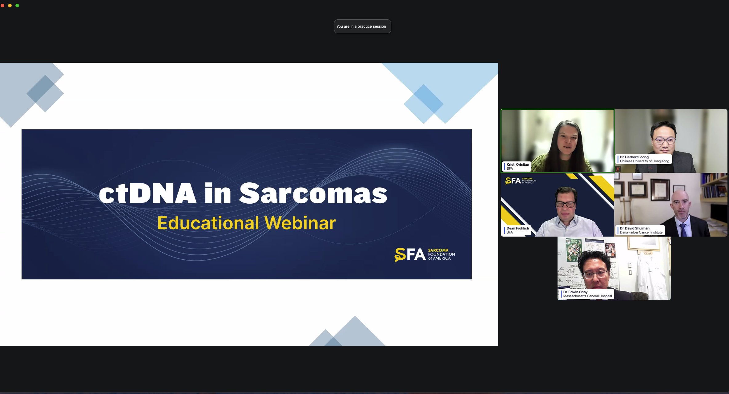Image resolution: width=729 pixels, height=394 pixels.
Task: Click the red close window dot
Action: (x=2, y=6)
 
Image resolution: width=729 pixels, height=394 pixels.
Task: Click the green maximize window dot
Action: (x=17, y=6)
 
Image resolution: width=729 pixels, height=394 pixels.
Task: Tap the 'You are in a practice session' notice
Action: (x=362, y=26)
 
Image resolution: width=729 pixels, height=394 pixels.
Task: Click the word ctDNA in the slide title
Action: (x=147, y=193)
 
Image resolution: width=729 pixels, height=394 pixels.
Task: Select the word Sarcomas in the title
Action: (x=313, y=193)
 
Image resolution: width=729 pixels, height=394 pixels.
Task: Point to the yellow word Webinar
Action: (x=300, y=223)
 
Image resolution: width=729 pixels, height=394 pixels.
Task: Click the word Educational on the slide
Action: (x=208, y=223)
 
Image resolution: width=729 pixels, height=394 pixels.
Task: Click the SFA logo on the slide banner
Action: (x=424, y=254)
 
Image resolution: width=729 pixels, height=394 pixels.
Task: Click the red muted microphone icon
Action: (x=618, y=169)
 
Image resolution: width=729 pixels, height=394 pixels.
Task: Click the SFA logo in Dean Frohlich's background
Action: (x=520, y=181)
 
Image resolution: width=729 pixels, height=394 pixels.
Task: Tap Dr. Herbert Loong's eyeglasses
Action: (x=665, y=141)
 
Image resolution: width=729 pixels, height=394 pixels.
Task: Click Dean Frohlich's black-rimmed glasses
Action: (x=565, y=204)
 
